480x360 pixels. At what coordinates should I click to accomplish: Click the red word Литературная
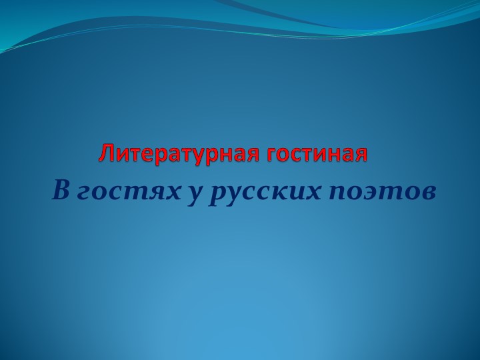[x=180, y=154]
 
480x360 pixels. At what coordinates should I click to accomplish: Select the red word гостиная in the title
[x=317, y=154]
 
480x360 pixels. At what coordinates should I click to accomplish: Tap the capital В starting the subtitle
[x=61, y=191]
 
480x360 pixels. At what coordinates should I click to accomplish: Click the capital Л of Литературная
[x=107, y=154]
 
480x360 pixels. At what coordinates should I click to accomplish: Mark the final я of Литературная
[x=255, y=155]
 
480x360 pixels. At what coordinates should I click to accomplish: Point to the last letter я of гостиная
[x=361, y=155]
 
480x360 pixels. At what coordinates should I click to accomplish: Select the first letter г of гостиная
[x=271, y=155]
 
